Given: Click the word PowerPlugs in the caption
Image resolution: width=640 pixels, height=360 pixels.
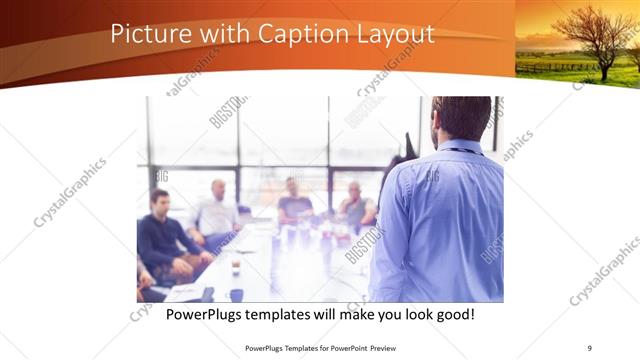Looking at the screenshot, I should (210, 315).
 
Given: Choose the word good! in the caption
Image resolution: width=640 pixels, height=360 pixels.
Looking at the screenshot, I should (451, 315).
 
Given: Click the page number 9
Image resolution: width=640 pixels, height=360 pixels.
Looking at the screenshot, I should (589, 348).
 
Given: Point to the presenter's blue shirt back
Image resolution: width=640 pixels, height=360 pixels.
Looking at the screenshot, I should (440, 220).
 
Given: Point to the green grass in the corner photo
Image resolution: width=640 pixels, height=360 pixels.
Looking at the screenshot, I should (560, 68).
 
